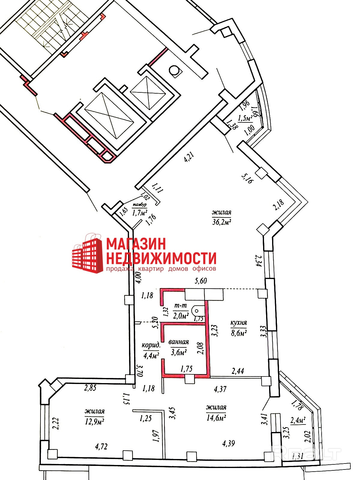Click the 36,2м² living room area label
[x=221, y=222]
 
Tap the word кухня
[x=238, y=323]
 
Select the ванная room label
[x=179, y=342]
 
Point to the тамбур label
[x=140, y=205]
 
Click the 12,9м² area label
[x=94, y=421]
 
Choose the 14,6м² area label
[x=216, y=417]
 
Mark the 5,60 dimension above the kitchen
[x=201, y=281]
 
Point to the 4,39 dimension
[x=229, y=443]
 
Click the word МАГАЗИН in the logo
[x=136, y=244]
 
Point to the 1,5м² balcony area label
[x=245, y=119]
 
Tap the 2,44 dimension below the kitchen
[x=238, y=371]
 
